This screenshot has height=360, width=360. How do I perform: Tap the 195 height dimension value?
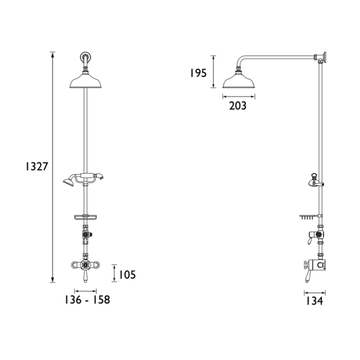(x=198, y=73)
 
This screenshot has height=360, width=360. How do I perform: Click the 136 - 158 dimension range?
(x=87, y=300)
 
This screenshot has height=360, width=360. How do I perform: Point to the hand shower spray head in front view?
(x=69, y=180)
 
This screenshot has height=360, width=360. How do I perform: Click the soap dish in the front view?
(x=85, y=215)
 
